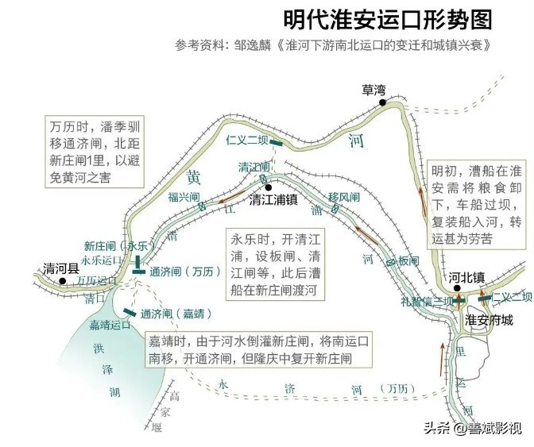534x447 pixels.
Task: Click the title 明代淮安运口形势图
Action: (x=387, y=19)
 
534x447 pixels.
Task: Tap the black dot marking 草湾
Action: (x=382, y=102)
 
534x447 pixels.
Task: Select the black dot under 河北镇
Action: (x=458, y=288)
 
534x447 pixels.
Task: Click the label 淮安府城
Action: (x=488, y=321)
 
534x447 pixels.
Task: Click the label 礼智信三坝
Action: (x=429, y=302)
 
